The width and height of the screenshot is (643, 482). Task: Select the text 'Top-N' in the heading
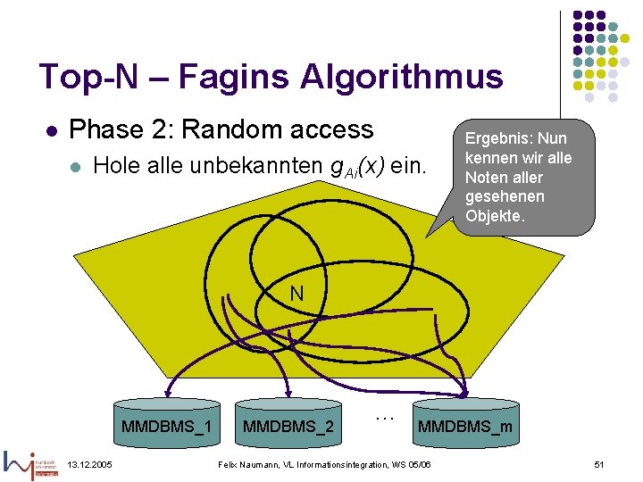(x=89, y=78)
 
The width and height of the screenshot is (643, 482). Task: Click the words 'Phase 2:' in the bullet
(x=121, y=129)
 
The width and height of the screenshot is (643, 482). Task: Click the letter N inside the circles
(x=296, y=293)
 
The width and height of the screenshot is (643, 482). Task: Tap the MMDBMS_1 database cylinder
(x=167, y=420)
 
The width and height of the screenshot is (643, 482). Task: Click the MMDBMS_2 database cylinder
(x=288, y=420)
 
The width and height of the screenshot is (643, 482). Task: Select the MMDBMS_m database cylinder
(x=464, y=420)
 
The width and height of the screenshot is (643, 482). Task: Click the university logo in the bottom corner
(x=31, y=464)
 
